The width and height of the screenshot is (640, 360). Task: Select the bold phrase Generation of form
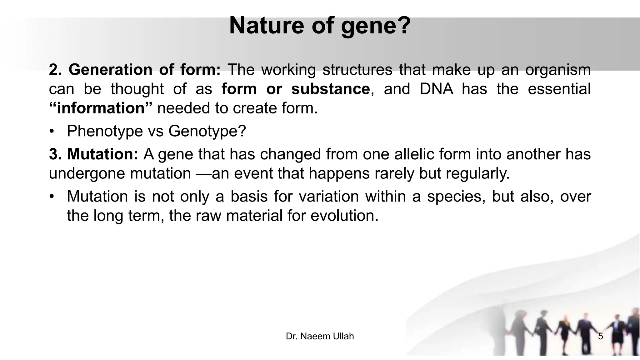click(x=135, y=69)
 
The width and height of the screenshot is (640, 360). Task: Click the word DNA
click(x=436, y=89)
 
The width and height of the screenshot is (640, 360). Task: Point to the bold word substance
click(x=330, y=89)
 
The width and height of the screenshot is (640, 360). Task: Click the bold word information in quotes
click(x=101, y=108)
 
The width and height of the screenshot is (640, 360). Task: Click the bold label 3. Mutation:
click(x=93, y=154)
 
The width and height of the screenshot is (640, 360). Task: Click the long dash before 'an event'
click(x=203, y=173)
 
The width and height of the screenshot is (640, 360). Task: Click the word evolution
click(x=344, y=216)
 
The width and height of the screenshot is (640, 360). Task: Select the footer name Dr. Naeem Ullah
click(x=320, y=336)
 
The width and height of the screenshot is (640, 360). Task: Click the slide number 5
click(x=600, y=336)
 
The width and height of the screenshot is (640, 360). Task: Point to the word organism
click(x=557, y=69)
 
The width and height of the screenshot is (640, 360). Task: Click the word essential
click(x=559, y=89)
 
